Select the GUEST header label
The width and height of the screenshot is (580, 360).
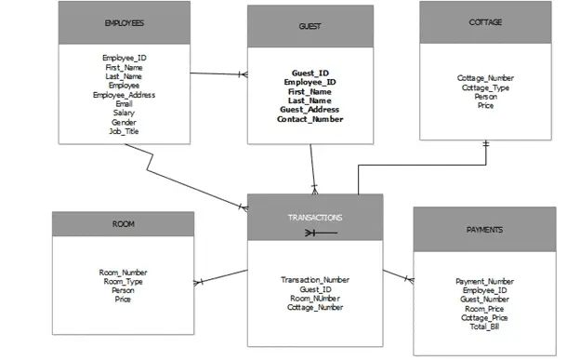pyautogui.click(x=311, y=27)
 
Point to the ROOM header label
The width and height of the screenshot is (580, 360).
pyautogui.click(x=124, y=225)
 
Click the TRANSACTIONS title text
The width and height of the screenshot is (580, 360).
pyautogui.click(x=315, y=217)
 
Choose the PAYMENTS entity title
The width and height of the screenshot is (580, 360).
pyautogui.click(x=484, y=228)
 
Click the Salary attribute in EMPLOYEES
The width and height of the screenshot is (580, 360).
pyautogui.click(x=124, y=113)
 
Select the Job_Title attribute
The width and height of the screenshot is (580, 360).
pyautogui.click(x=124, y=131)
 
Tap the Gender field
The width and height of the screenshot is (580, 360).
pyautogui.click(x=124, y=122)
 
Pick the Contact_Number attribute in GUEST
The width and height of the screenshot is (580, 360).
pyautogui.click(x=310, y=119)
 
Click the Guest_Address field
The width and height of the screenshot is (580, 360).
pyautogui.click(x=310, y=110)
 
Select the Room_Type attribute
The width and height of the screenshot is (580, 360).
pyautogui.click(x=123, y=281)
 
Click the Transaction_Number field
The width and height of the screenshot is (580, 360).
pyautogui.click(x=314, y=279)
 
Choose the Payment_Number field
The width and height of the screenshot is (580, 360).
pyautogui.click(x=484, y=281)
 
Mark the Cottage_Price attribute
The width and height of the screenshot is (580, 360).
pyautogui.click(x=484, y=317)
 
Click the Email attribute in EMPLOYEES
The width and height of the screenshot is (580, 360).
pyautogui.click(x=124, y=104)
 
